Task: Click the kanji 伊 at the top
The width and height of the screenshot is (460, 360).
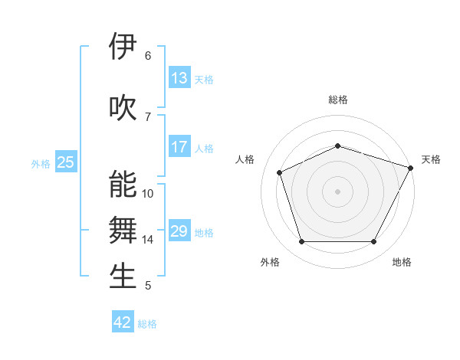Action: tap(123, 47)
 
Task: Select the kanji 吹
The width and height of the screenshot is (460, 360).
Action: tap(123, 108)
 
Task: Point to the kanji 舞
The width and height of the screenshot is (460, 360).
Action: tap(123, 231)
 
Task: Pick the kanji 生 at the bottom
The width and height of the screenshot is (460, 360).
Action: tap(123, 277)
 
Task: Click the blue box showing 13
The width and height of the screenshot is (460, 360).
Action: tap(179, 78)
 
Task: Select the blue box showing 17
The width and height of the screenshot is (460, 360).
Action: tap(179, 147)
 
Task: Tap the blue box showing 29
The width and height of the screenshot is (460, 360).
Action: tap(179, 231)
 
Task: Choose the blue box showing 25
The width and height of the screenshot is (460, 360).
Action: tap(66, 162)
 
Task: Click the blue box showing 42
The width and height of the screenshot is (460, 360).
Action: tap(123, 322)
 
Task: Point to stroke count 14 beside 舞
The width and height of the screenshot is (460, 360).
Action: tap(148, 240)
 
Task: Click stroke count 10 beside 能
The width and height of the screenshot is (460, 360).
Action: tap(148, 194)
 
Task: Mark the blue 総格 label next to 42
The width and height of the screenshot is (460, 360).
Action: tap(147, 324)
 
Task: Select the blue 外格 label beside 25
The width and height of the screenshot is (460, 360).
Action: tap(41, 163)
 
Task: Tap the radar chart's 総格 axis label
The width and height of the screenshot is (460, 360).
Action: tap(338, 100)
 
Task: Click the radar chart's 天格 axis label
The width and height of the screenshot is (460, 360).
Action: tap(431, 159)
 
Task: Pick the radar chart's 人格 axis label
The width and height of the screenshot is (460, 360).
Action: tap(245, 159)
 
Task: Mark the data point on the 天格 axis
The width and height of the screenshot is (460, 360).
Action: tap(411, 167)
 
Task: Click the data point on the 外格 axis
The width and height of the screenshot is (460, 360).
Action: tap(301, 242)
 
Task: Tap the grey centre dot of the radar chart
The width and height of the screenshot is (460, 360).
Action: tap(338, 191)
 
